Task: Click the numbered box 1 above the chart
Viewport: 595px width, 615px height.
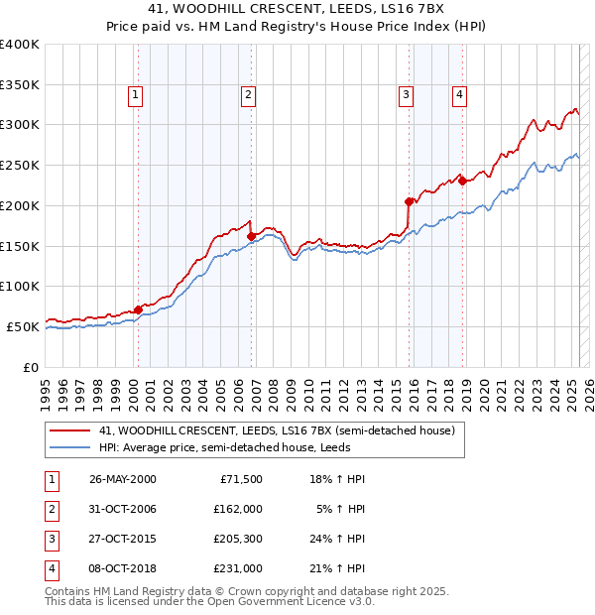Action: tap(134, 95)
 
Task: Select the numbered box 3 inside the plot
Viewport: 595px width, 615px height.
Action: tap(406, 95)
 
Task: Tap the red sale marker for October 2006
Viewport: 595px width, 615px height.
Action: tap(252, 236)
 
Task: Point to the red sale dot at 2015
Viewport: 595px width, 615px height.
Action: tap(409, 201)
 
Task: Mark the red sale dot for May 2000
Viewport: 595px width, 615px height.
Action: tap(138, 309)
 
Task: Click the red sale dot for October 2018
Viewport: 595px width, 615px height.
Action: tap(462, 181)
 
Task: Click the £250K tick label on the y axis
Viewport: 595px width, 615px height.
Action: tap(20, 166)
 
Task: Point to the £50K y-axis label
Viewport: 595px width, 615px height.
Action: tap(23, 326)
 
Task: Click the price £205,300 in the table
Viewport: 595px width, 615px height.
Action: tap(237, 541)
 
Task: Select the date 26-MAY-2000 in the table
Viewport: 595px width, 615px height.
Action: tap(123, 479)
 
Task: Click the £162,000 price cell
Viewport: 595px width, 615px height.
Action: tap(237, 510)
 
